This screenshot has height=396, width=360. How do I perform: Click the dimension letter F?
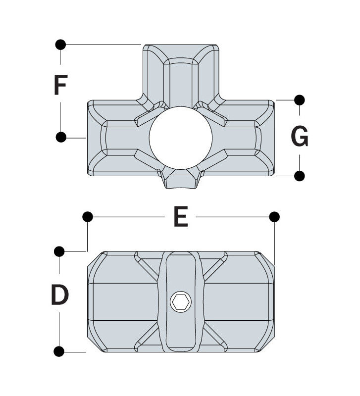click(60, 85)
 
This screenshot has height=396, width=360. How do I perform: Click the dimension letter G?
click(300, 136)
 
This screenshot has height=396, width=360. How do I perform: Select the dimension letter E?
click(181, 216)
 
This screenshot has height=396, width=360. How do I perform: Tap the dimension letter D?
click(59, 295)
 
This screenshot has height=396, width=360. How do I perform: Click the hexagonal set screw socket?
click(181, 301)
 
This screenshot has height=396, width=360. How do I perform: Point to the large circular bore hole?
click(181, 138)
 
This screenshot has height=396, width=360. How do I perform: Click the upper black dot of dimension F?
click(60, 45)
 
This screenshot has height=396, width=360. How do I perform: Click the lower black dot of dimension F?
click(61, 137)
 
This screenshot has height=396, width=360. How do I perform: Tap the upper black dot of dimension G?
click(300, 100)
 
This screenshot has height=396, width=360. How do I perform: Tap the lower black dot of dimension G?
click(300, 176)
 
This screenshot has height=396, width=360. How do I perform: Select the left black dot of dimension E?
click(88, 217)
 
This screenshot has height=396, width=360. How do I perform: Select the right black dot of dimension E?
click(274, 217)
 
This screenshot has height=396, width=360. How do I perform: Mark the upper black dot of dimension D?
click(59, 251)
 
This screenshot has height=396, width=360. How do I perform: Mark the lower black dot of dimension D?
click(59, 351)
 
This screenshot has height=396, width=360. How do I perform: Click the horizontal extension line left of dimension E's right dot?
click(232, 217)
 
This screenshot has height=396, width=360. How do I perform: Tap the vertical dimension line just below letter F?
click(60, 117)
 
